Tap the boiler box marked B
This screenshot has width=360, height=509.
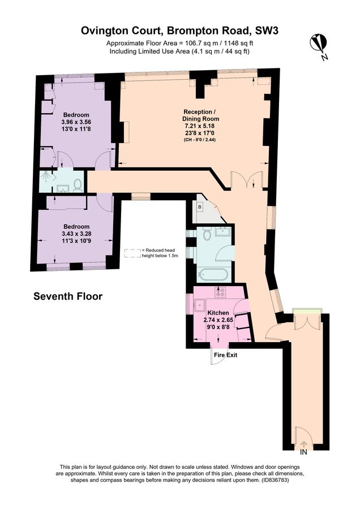pos(199,206)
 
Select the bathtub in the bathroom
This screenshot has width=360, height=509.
pos(213,275)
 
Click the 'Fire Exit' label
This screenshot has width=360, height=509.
pos(225,355)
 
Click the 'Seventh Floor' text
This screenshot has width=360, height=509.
pos(68,296)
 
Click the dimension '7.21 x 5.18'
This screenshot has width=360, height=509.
pos(200,126)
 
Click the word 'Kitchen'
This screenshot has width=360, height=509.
pos(218,313)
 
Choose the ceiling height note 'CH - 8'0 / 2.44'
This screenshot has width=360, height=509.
pos(200,140)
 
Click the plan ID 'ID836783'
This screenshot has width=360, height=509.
pos(275,480)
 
